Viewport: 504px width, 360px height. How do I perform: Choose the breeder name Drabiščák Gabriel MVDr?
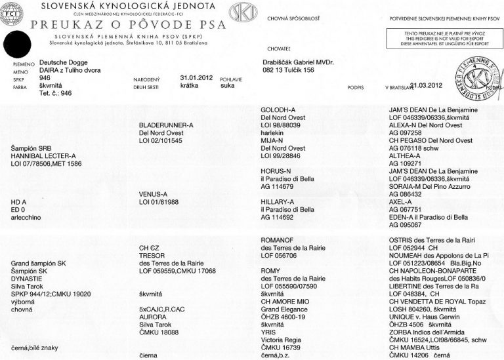[298, 62]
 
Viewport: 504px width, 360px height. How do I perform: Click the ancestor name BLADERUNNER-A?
[167, 124]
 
